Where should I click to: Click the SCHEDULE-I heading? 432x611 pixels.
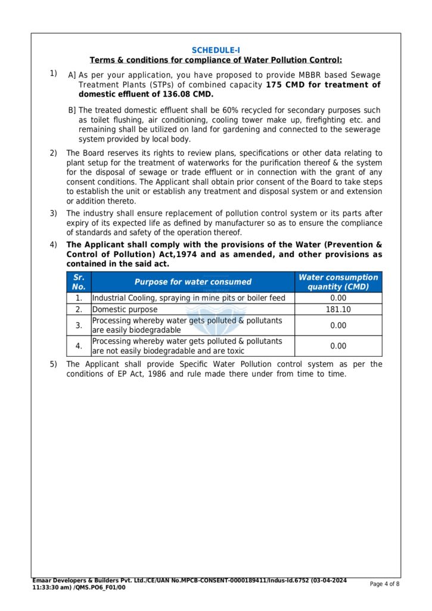216,51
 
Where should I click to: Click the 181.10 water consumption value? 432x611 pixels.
338,310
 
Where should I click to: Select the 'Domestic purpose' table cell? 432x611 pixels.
125,310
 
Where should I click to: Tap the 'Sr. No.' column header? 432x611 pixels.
79,282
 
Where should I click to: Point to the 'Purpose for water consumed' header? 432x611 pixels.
192,282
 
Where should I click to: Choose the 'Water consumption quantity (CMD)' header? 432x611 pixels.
338,282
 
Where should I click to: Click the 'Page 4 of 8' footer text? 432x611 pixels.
384,584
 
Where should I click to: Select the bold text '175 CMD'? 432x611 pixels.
285,85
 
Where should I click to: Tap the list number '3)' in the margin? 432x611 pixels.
54,213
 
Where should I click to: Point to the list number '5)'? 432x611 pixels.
54,364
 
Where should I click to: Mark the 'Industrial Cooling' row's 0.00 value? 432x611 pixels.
338,298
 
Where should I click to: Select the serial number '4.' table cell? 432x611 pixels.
79,346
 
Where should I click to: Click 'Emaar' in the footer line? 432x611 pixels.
43,581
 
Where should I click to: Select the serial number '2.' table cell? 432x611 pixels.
79,310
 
